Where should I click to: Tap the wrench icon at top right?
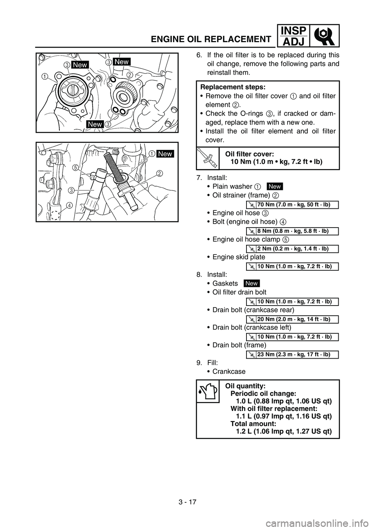click(x=324, y=36)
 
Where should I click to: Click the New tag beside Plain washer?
click(x=275, y=187)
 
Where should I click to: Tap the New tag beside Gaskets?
click(x=252, y=283)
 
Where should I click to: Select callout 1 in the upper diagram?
click(x=46, y=77)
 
